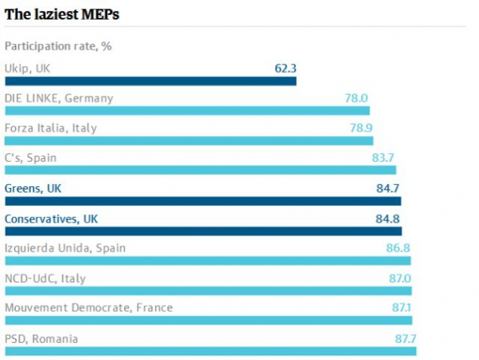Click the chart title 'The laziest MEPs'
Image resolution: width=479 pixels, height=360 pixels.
(x=61, y=14)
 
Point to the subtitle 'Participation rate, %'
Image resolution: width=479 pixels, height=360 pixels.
(x=58, y=46)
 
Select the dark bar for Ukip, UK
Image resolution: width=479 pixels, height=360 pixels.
(x=150, y=81)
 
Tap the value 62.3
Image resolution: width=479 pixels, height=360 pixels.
(x=286, y=68)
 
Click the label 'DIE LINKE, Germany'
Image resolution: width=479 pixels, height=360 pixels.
(x=59, y=98)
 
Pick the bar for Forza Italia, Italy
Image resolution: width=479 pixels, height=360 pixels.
(x=189, y=141)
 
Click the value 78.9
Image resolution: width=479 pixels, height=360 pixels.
(x=361, y=127)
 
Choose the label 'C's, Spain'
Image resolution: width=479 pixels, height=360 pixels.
(x=31, y=158)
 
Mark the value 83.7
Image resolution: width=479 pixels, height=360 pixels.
(x=383, y=157)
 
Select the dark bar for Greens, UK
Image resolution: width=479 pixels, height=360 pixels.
(x=203, y=201)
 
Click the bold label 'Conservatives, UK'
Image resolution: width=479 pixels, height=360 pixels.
(x=51, y=219)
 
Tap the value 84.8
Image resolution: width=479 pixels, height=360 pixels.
(x=387, y=219)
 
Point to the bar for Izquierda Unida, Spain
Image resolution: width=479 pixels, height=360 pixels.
(x=208, y=261)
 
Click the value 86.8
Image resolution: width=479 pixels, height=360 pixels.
(x=398, y=248)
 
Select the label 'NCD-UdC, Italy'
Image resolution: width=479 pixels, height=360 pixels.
(x=45, y=278)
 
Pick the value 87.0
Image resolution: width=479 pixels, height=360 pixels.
(x=400, y=278)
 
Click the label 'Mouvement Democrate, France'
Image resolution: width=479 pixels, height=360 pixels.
(x=89, y=307)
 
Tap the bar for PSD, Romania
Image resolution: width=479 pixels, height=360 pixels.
(x=211, y=351)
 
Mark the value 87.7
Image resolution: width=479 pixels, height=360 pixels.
(x=405, y=339)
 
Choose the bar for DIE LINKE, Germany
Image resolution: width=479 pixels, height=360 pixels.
(x=187, y=111)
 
